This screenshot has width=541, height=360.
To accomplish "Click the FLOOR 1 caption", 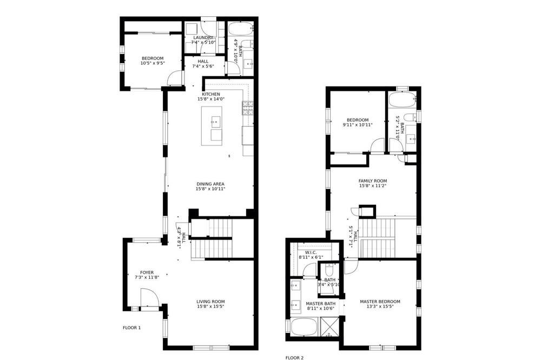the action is tap(132, 328).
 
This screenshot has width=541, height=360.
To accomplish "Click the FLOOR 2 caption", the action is tap(294, 358).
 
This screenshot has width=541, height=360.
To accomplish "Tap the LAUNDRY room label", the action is tap(203, 38).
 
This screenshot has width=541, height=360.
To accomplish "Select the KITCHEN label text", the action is tap(211, 94).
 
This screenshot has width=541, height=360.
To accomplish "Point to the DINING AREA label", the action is tap(210, 184).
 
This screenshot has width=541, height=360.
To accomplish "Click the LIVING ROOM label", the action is tap(211, 302).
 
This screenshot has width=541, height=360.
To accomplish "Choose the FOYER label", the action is tap(147, 272).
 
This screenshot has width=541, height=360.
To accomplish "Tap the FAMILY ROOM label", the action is tap(373, 181).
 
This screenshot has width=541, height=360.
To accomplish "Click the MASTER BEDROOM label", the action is tap(380, 302).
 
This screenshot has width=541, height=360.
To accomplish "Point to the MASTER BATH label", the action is tap(321, 304).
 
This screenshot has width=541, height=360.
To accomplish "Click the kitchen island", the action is tap(212, 126).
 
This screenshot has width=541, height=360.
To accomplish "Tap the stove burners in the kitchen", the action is tap(248, 108).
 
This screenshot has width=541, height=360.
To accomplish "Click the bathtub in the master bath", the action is tap(304, 326).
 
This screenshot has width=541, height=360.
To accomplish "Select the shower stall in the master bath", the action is tap(331, 326).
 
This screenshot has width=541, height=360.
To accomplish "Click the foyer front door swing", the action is tap(150, 297).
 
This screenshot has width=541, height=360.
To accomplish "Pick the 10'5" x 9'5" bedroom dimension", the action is tap(153, 63).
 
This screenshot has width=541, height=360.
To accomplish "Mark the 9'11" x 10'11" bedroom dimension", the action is tap(358, 125).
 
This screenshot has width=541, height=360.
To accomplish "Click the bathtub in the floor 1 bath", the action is tap(241, 29).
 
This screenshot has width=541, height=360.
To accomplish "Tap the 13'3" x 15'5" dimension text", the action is tap(380, 306).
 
